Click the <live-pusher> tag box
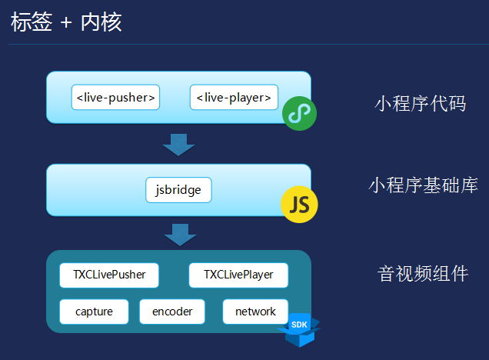click(x=115, y=98)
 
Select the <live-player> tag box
click(x=234, y=98)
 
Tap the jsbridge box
click(x=178, y=190)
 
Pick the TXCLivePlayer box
click(x=238, y=275)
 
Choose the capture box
click(x=94, y=312)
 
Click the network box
click(x=255, y=312)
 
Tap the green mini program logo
click(x=299, y=114)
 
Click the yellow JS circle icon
click(x=299, y=204)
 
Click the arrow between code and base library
click(x=179, y=144)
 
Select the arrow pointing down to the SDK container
click(x=179, y=234)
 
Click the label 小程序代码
click(x=420, y=104)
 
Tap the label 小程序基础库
click(x=423, y=185)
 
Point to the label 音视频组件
click(x=423, y=274)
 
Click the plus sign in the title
click(x=66, y=23)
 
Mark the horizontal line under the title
click(x=244, y=44)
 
